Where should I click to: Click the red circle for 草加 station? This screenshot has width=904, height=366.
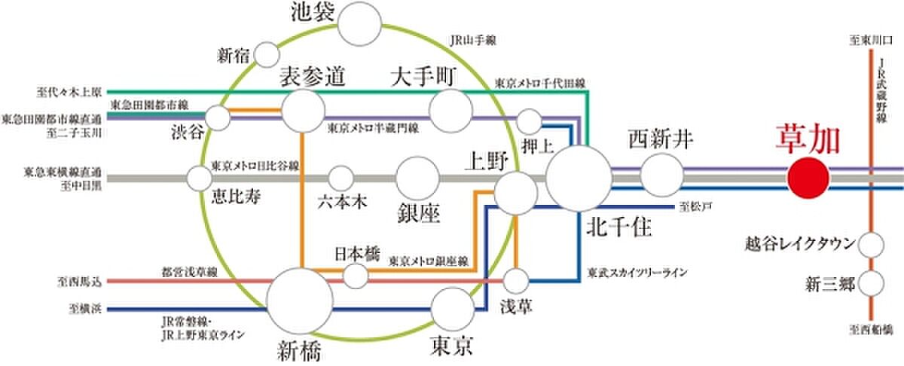[x=808, y=178]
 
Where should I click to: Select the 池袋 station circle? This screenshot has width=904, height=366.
[x=359, y=26]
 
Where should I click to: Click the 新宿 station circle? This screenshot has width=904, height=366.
[x=267, y=55]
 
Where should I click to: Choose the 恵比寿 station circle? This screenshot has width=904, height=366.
[x=200, y=178]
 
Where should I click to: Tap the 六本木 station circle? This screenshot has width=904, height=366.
[x=341, y=178]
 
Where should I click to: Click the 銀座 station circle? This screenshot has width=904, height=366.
[x=418, y=178]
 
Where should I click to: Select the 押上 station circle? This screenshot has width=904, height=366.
[x=530, y=120]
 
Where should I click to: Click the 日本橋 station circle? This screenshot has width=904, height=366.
[x=355, y=275]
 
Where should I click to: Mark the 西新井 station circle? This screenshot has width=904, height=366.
[x=661, y=175]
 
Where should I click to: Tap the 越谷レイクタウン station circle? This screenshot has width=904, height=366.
[x=872, y=245]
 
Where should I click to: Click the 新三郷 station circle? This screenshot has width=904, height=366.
[x=872, y=284]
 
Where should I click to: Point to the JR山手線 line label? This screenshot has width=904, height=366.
[x=472, y=39]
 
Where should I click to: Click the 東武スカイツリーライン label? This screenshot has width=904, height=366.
[x=637, y=273]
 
